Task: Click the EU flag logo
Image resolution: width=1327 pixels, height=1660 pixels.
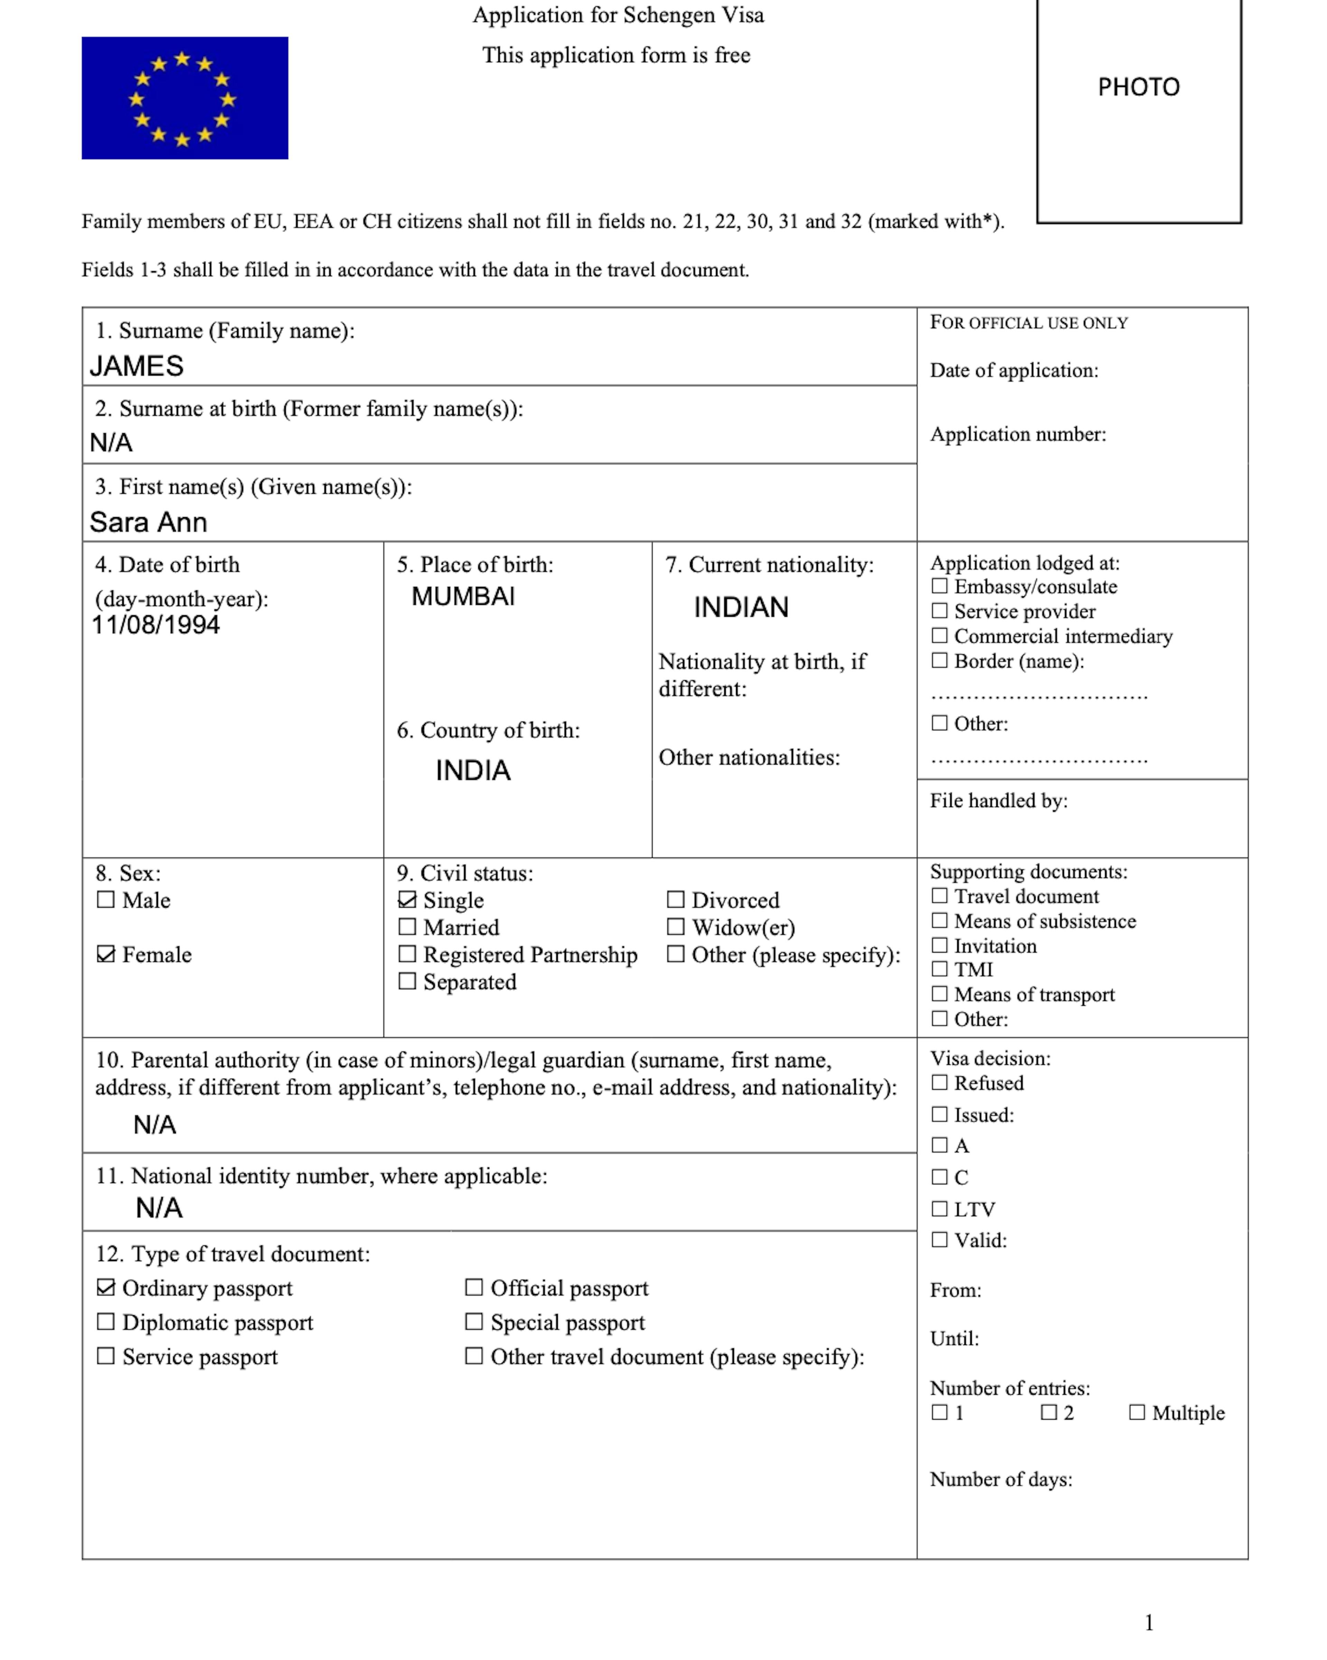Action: tap(185, 98)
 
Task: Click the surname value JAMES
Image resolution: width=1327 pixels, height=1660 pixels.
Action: tap(136, 366)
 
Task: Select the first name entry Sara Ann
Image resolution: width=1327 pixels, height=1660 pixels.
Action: tap(148, 522)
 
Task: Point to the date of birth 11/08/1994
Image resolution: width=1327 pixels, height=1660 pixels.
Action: tap(156, 624)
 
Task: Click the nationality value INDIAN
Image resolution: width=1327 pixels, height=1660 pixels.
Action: tap(741, 607)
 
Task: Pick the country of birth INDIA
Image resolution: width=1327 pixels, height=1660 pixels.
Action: tap(473, 770)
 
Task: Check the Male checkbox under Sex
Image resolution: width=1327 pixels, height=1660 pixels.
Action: tap(105, 899)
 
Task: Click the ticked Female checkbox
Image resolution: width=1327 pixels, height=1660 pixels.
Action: tap(105, 954)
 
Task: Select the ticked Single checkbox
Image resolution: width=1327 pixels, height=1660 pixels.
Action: tap(407, 899)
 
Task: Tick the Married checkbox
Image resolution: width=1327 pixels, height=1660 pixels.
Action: tap(407, 926)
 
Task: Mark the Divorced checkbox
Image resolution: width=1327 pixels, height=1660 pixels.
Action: tap(676, 899)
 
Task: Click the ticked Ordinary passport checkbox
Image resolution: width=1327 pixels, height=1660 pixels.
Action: tap(105, 1287)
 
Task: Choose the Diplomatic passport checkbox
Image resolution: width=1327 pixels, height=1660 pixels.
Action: tap(105, 1321)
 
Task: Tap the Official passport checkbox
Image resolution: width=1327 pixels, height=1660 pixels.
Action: tap(474, 1287)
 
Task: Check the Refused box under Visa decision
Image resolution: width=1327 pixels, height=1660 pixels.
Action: tap(939, 1083)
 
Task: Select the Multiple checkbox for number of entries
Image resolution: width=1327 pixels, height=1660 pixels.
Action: tap(1137, 1412)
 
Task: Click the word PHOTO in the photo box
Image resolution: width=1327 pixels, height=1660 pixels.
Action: tap(1138, 87)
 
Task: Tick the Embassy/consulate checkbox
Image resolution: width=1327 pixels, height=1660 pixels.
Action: tap(939, 586)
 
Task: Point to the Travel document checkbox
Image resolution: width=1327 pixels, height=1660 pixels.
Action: tap(939, 895)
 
